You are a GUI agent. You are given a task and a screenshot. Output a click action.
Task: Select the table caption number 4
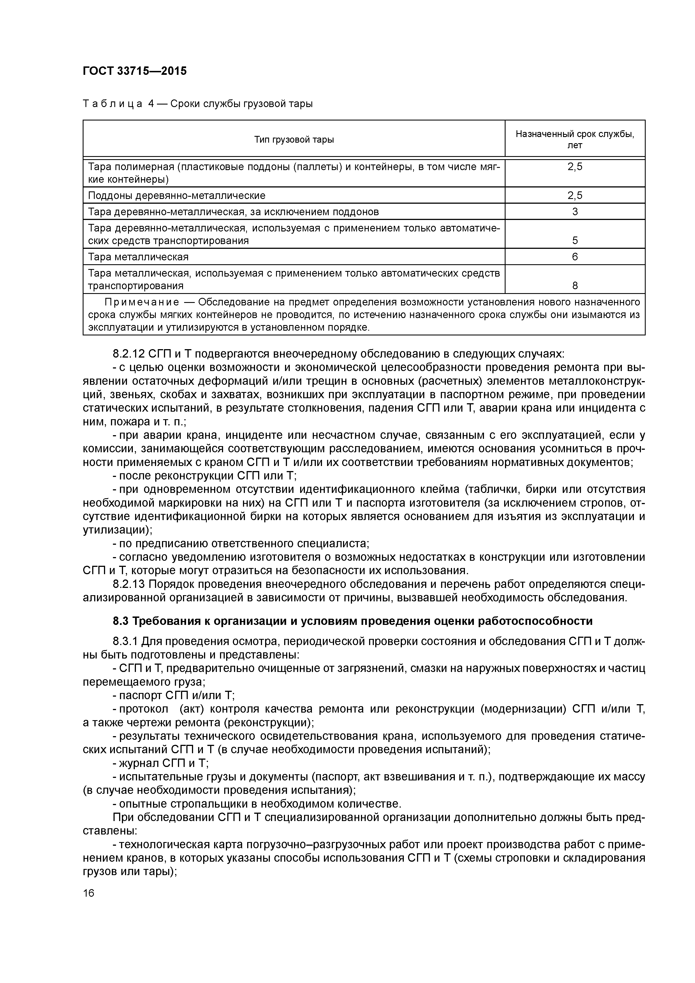pyautogui.click(x=151, y=104)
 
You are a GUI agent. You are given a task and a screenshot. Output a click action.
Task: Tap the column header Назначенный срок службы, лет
pyautogui.click(x=575, y=139)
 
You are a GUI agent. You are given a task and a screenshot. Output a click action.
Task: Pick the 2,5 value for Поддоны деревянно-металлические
pyautogui.click(x=575, y=196)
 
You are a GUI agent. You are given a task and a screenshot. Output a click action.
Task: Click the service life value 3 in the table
pyautogui.click(x=575, y=212)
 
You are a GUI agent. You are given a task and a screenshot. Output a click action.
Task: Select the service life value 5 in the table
pyautogui.click(x=575, y=241)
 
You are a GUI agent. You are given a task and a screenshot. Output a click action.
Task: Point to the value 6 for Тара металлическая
pyautogui.click(x=575, y=257)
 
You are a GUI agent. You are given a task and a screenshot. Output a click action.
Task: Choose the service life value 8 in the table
pyautogui.click(x=575, y=286)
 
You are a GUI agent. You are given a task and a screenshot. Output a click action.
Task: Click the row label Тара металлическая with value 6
pyautogui.click(x=138, y=257)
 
